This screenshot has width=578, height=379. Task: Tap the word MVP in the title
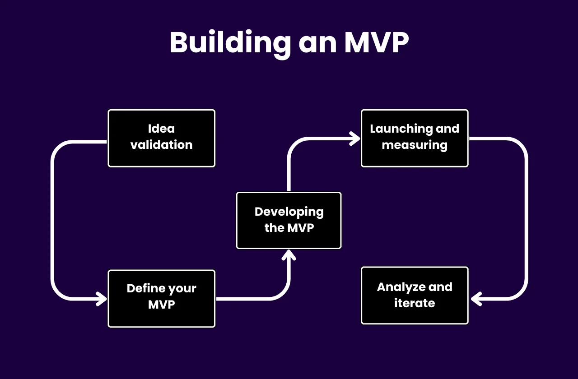(376, 43)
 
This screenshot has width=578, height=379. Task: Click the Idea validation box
(161, 138)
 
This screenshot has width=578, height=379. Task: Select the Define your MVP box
(161, 298)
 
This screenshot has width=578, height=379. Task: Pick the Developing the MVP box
(289, 220)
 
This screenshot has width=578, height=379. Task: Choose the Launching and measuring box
(415, 138)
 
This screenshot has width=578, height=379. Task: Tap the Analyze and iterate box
(415, 295)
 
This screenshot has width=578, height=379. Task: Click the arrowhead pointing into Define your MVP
(101, 299)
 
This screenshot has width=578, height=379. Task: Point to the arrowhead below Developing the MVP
(289, 255)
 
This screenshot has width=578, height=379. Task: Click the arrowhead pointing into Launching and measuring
(354, 139)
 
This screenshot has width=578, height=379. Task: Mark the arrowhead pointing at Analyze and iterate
(476, 299)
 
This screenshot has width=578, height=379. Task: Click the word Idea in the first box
(161, 129)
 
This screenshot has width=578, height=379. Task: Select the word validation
(161, 145)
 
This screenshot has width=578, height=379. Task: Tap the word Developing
(289, 212)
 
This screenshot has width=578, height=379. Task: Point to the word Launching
(396, 129)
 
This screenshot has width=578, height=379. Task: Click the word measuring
(415, 145)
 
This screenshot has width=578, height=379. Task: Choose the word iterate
(415, 303)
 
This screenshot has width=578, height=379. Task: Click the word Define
(144, 289)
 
